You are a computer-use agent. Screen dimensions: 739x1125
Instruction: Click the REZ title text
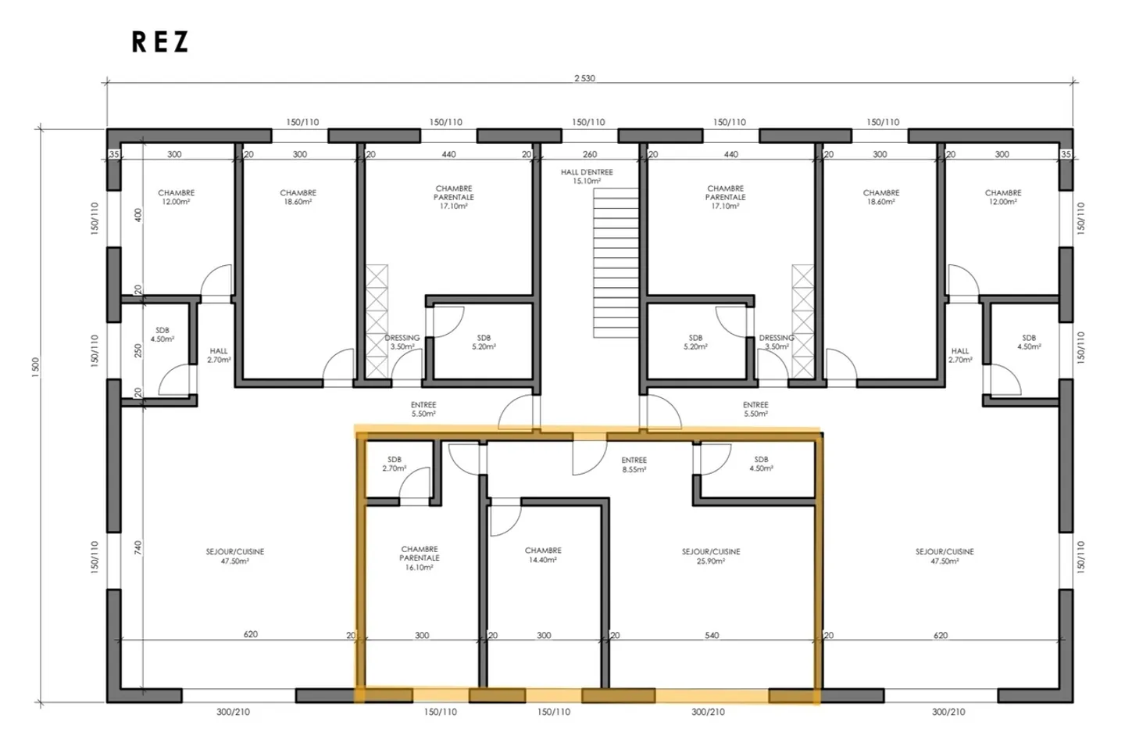click(x=160, y=42)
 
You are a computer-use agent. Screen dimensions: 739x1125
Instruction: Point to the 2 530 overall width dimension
click(x=584, y=78)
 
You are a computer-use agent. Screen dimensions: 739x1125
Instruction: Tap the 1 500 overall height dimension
click(x=35, y=368)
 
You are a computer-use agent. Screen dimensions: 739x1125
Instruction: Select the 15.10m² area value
click(x=587, y=181)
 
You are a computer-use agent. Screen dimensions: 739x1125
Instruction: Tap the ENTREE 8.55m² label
click(x=634, y=465)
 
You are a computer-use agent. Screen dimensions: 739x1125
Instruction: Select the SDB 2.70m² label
click(x=395, y=464)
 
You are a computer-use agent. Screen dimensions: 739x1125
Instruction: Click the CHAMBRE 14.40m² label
click(x=543, y=555)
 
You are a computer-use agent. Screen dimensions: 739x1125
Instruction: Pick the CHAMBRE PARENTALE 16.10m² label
click(x=420, y=558)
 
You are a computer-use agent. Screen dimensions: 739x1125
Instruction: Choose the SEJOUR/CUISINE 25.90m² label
click(x=710, y=556)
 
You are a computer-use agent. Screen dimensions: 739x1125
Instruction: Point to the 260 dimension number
click(x=590, y=154)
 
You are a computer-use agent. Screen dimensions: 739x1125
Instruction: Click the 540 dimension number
click(x=712, y=635)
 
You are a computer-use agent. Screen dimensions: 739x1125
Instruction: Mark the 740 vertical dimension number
click(x=138, y=547)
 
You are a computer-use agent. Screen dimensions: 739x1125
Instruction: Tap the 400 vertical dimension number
click(x=138, y=214)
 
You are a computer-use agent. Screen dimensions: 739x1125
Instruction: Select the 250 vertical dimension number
click(x=138, y=350)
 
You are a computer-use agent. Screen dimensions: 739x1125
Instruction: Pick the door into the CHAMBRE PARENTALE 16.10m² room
click(x=464, y=458)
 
